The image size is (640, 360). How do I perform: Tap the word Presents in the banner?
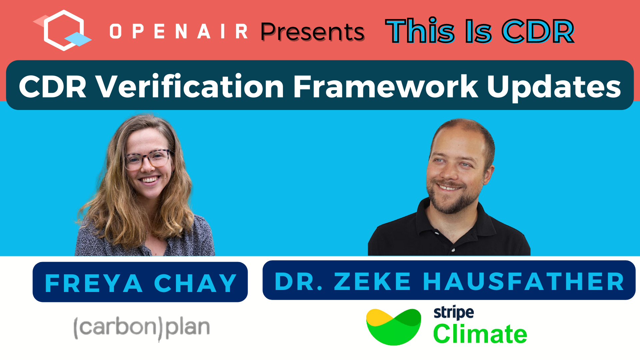click(x=313, y=32)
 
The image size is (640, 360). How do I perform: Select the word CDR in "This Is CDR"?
click(x=538, y=31)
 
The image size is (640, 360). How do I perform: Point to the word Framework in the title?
click(x=386, y=86)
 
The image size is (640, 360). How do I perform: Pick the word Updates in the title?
click(x=554, y=88)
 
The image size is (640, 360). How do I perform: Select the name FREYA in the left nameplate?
click(x=94, y=283)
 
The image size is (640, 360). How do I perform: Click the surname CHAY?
click(x=195, y=283)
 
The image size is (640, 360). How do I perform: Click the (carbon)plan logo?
click(x=142, y=328)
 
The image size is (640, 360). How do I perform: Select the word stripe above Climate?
click(x=454, y=313)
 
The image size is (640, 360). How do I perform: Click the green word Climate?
click(x=480, y=334)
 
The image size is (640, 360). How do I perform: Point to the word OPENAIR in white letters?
click(x=179, y=32)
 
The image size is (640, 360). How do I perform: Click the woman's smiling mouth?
click(x=150, y=180)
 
